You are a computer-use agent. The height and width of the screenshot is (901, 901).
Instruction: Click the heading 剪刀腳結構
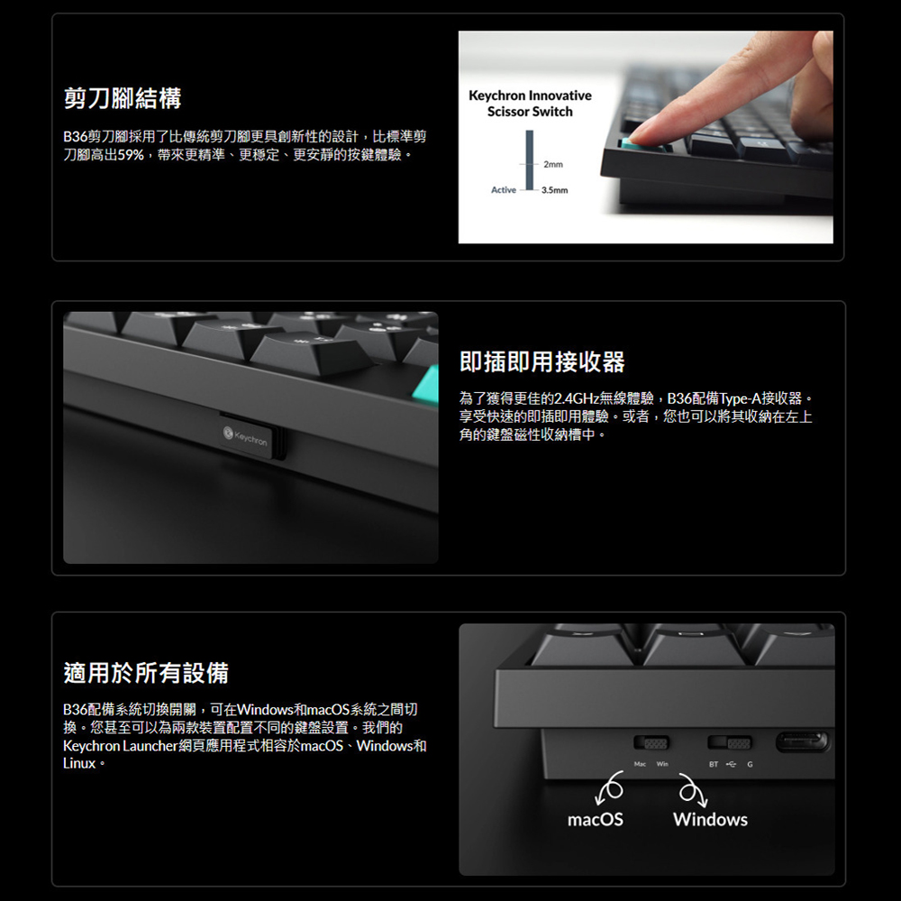pos(123,98)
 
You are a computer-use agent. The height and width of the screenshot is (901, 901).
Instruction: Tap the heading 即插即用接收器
pos(542,362)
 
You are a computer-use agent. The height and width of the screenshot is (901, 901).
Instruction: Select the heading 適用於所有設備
pos(146,673)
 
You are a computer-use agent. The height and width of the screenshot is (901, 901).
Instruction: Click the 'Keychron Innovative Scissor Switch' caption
pos(530,104)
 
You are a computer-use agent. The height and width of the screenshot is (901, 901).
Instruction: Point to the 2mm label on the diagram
pos(553,164)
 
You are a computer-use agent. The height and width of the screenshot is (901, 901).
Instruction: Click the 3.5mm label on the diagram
pos(554,190)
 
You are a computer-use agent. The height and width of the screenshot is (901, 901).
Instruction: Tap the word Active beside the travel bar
pos(504,190)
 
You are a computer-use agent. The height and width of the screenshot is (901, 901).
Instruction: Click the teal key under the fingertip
pos(643,144)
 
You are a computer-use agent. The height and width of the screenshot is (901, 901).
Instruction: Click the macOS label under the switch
pos(596,819)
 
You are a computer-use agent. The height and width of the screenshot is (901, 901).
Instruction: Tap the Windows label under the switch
pos(710,819)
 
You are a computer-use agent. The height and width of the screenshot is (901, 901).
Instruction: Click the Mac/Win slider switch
pos(651,743)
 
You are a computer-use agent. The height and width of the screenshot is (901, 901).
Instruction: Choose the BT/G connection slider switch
pos(729,743)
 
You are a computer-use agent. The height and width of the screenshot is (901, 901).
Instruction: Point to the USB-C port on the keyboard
pos(802,742)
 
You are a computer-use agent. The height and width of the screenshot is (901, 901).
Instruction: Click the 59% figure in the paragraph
pos(131,155)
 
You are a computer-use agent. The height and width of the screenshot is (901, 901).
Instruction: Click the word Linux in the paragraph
pos(79,764)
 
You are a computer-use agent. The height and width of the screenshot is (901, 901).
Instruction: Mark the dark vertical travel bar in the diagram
pos(529,160)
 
